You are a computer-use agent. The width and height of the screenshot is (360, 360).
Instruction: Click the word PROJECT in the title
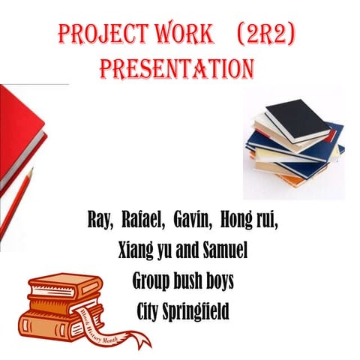(x=100, y=35)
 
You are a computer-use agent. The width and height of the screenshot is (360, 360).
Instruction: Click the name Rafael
(x=142, y=223)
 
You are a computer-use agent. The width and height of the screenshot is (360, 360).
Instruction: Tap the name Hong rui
(x=248, y=223)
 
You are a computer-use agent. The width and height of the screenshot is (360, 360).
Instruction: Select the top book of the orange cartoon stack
(x=64, y=284)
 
